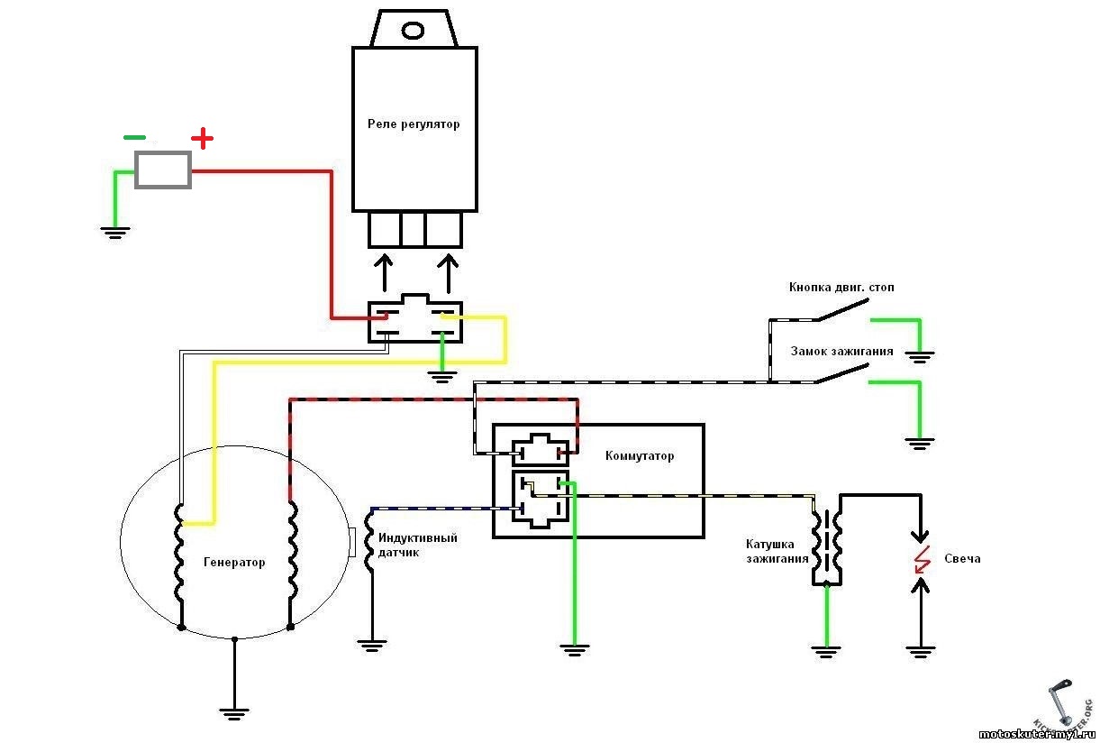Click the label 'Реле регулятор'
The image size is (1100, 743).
click(414, 124)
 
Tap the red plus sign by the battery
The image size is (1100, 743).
click(203, 139)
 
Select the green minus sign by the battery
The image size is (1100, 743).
click(134, 138)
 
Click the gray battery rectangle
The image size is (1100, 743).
click(163, 170)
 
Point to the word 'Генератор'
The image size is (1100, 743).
click(234, 563)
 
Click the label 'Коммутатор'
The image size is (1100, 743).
click(640, 456)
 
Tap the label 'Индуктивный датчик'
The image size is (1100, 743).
click(417, 545)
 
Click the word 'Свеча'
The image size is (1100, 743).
click(962, 559)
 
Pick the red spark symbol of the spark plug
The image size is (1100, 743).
click(920, 559)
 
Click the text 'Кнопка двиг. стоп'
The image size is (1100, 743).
click(841, 288)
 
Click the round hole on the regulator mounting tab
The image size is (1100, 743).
click(413, 31)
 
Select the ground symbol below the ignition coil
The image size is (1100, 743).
click(825, 649)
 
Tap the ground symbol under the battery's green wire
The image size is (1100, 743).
click(114, 233)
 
